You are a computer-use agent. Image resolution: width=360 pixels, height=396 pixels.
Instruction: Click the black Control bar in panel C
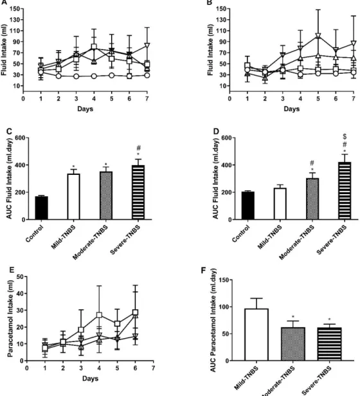41,208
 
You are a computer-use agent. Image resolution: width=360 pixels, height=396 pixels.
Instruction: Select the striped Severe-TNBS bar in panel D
345,191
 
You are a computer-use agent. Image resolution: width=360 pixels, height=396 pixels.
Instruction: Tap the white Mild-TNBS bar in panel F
256,335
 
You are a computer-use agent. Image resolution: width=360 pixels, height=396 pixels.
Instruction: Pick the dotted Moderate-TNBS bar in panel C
106,195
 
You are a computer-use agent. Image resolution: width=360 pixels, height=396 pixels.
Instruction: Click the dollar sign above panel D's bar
345,137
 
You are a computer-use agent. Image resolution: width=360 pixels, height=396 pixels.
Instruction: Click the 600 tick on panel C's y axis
20,138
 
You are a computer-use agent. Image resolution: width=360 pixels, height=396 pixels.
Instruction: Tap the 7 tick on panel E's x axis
153,368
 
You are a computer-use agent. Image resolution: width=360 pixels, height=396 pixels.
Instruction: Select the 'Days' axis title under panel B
292,109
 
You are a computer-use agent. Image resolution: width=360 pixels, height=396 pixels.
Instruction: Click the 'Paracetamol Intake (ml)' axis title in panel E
10,319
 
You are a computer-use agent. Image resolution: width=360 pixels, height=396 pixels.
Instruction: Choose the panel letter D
216,131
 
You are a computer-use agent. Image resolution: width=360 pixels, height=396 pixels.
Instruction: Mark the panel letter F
203,270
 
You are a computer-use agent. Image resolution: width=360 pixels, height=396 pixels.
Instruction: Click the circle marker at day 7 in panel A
147,75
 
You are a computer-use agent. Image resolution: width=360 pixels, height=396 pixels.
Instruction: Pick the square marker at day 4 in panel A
94,46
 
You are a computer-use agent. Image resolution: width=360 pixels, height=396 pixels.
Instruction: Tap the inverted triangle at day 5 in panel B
318,35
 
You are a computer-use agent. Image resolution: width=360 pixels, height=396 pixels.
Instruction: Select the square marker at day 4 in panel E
99,315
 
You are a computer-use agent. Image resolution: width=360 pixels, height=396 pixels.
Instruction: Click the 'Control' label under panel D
240,233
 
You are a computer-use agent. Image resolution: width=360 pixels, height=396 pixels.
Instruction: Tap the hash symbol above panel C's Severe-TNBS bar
138,148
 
